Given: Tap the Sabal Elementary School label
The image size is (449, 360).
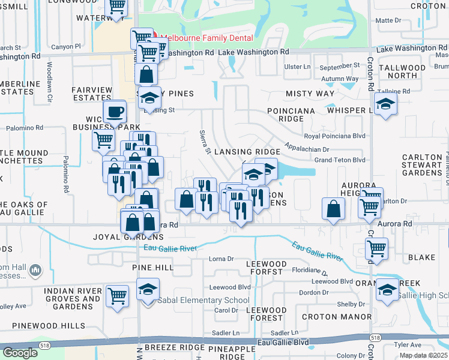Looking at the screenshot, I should coord(203,300).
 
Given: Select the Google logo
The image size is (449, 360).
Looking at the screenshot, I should coord(20,353).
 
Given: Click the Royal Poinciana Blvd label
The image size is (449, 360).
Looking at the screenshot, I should coord(334,136).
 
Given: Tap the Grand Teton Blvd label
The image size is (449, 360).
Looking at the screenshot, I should coord(340,160).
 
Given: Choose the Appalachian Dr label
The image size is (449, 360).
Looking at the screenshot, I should coord(307,148).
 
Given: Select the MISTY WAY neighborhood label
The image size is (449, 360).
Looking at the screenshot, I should coord(310,94).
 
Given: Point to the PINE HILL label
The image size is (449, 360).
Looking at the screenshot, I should coord(152,267).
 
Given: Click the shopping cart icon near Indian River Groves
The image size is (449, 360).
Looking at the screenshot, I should coord(117,295).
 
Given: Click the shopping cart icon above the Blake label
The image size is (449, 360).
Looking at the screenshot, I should coord(376,247).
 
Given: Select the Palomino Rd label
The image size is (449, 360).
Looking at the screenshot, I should coord(25,128).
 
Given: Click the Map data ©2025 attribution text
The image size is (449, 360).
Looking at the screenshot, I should coord(423,355).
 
